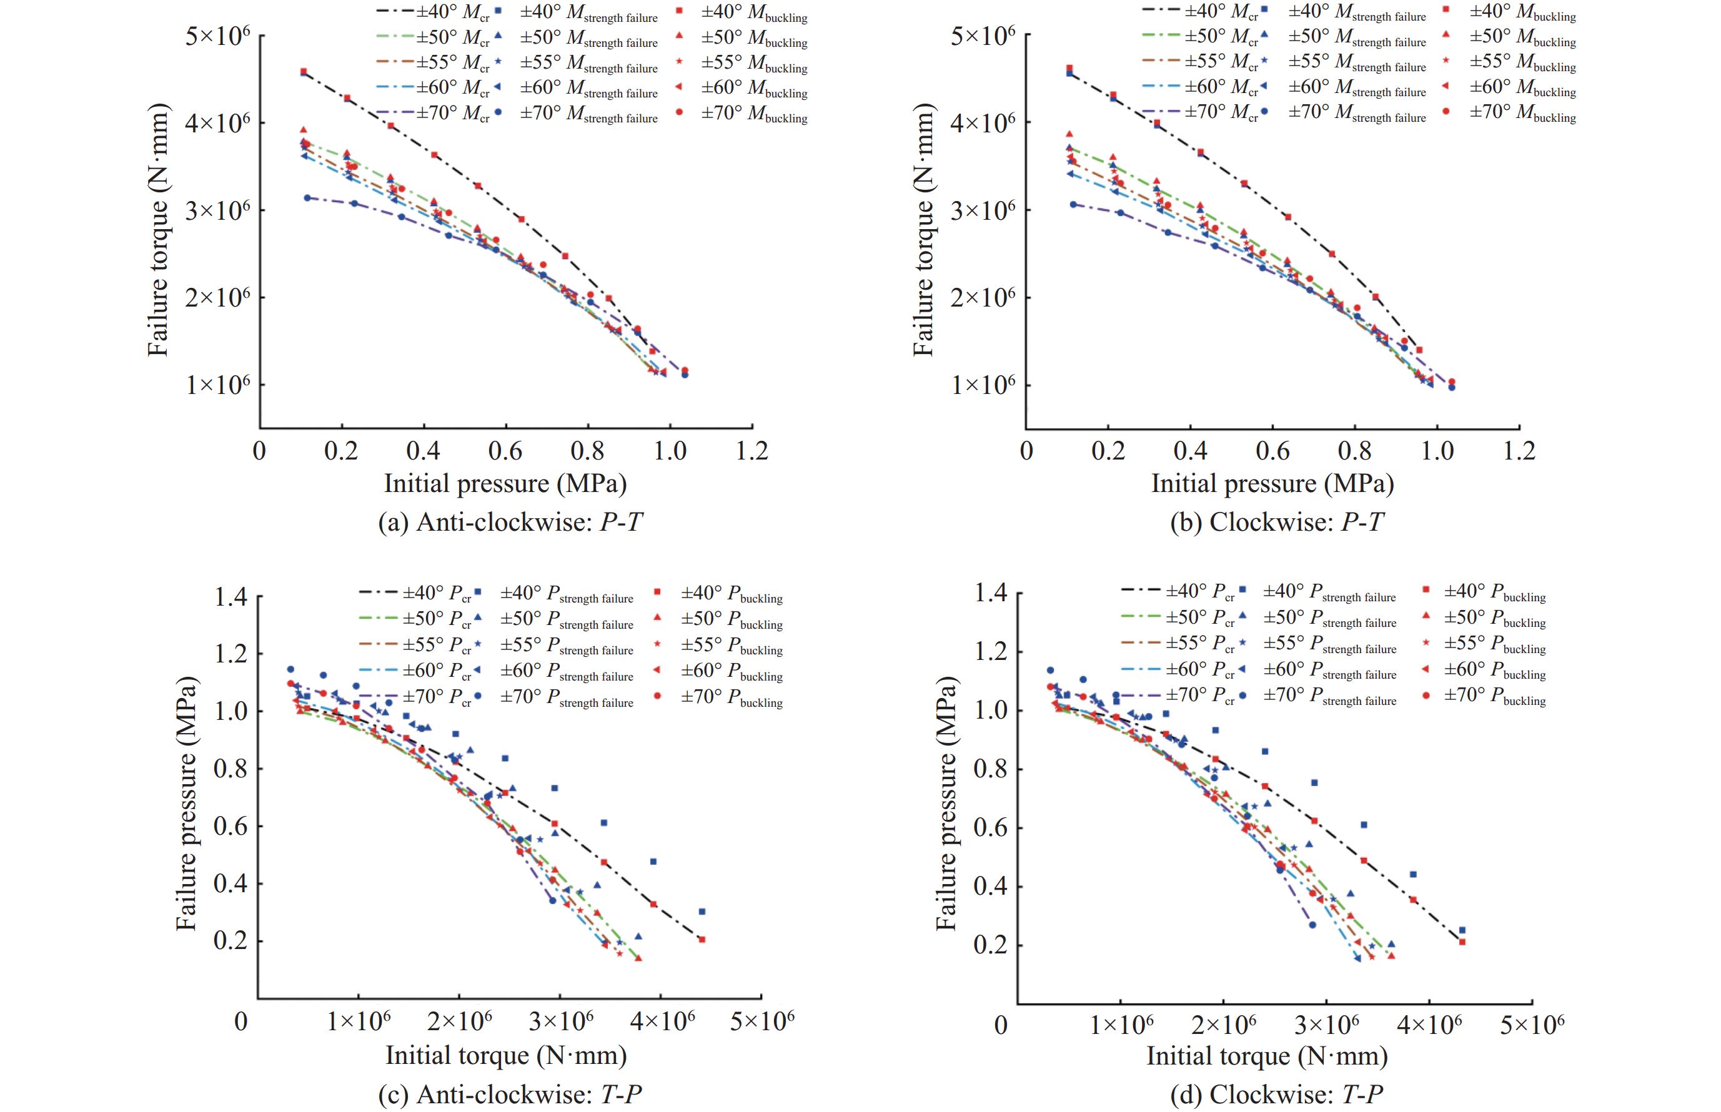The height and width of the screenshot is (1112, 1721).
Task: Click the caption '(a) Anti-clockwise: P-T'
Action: coord(510,522)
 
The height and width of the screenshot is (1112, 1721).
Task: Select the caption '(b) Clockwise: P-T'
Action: coord(1276,522)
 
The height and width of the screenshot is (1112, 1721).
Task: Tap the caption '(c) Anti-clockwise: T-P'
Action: coord(510,1095)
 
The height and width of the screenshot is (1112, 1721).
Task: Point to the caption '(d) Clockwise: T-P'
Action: coord(1276,1095)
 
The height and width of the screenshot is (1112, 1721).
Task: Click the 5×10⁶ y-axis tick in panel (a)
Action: coord(217,36)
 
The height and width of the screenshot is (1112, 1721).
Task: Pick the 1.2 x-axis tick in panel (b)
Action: coord(1519,451)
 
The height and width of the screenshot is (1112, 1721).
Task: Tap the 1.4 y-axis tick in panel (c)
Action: coord(231,597)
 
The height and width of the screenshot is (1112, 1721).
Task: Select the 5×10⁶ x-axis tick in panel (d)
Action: coord(1532,1025)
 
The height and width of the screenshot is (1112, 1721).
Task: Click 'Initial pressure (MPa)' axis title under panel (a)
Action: coord(505,483)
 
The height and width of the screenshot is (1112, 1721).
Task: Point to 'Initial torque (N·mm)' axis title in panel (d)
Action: coord(1267,1056)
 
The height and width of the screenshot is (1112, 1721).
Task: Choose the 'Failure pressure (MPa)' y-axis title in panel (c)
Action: coord(186,803)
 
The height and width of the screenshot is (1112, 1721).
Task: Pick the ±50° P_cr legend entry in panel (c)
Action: coord(415,619)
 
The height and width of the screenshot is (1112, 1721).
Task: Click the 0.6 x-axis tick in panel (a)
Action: coord(505,451)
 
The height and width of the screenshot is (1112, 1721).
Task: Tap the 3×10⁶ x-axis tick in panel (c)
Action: coord(561,1021)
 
